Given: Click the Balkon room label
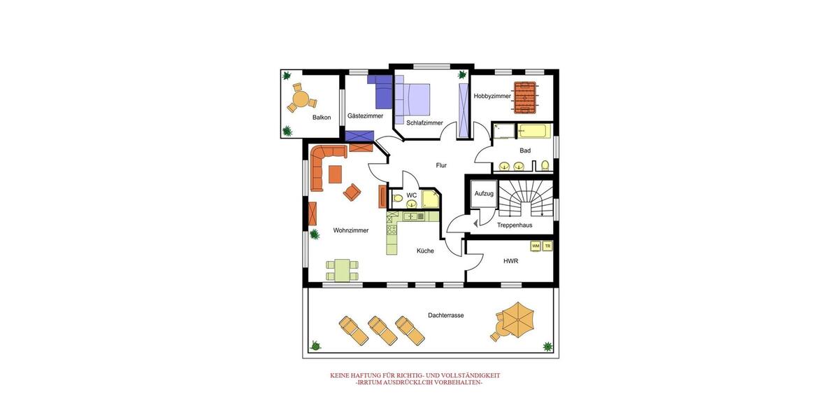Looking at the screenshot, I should pyautogui.click(x=322, y=118).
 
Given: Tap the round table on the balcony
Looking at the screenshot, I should pyautogui.click(x=301, y=99).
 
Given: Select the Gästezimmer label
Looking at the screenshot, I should pyautogui.click(x=365, y=116).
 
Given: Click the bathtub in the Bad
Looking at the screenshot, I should pyautogui.click(x=535, y=131).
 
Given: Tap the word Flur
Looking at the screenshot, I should pyautogui.click(x=441, y=166).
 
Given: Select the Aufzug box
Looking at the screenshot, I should pyautogui.click(x=484, y=193).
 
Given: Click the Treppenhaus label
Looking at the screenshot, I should pyautogui.click(x=515, y=225).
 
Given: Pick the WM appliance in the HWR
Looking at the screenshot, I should pyautogui.click(x=536, y=246).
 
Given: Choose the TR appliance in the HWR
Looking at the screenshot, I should pyautogui.click(x=547, y=246).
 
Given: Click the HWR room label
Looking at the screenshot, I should pyautogui.click(x=510, y=261).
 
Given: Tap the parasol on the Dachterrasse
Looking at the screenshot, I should pyautogui.click(x=518, y=319).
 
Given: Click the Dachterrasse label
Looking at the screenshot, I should pyautogui.click(x=445, y=316).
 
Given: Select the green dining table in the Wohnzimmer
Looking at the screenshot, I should pyautogui.click(x=341, y=269).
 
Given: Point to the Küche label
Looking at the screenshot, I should pyautogui.click(x=425, y=251).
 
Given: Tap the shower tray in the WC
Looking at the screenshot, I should pyautogui.click(x=430, y=199).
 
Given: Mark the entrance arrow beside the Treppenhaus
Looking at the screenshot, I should pyautogui.click(x=475, y=223).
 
